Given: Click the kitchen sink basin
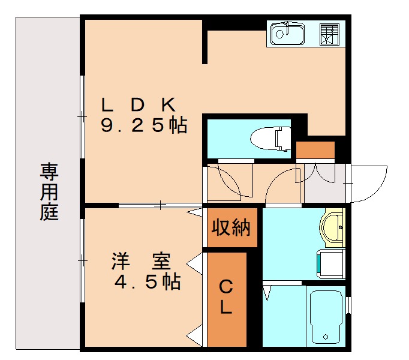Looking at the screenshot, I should click(x=287, y=34).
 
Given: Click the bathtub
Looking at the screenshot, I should click(x=326, y=317).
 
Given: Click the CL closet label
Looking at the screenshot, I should click(x=226, y=298).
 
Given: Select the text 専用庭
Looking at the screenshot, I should click(x=49, y=192).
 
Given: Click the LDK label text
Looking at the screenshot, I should click(x=139, y=105).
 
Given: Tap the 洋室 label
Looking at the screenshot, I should click(x=142, y=262).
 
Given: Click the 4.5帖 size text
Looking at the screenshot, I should click(x=148, y=283).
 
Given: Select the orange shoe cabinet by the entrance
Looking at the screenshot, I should click(x=315, y=150).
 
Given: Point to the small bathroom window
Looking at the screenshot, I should click(x=348, y=302).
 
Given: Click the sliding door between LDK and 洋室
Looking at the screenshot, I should click(x=161, y=205).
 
